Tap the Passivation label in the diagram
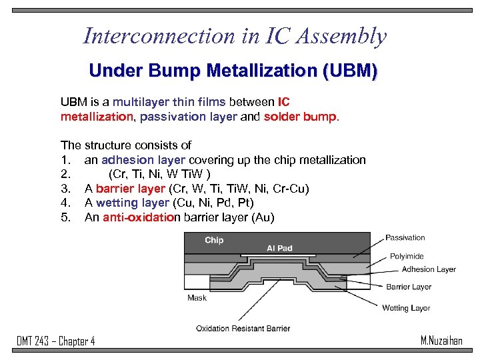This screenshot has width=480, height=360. pyautogui.click(x=405, y=237)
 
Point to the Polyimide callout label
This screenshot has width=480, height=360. pyautogui.click(x=407, y=256)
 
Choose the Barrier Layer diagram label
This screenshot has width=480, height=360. pyautogui.click(x=409, y=287)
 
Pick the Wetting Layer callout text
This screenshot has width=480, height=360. pyautogui.click(x=406, y=308)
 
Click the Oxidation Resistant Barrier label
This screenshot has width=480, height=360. pyautogui.click(x=243, y=328)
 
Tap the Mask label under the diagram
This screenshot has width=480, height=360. pyautogui.click(x=197, y=298)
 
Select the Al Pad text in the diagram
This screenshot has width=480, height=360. pyautogui.click(x=279, y=248)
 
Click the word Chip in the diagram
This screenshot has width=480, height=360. pyautogui.click(x=214, y=240)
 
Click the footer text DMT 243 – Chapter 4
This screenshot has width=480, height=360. pyautogui.click(x=56, y=341)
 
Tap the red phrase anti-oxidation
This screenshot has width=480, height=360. pyautogui.click(x=141, y=217)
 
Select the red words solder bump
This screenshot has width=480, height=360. pyautogui.click(x=301, y=117)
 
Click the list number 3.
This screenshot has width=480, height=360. pyautogui.click(x=65, y=189)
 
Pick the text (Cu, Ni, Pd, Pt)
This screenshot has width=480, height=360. pyautogui.click(x=213, y=203)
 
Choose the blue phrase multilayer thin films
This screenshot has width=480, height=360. pyautogui.click(x=169, y=102)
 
